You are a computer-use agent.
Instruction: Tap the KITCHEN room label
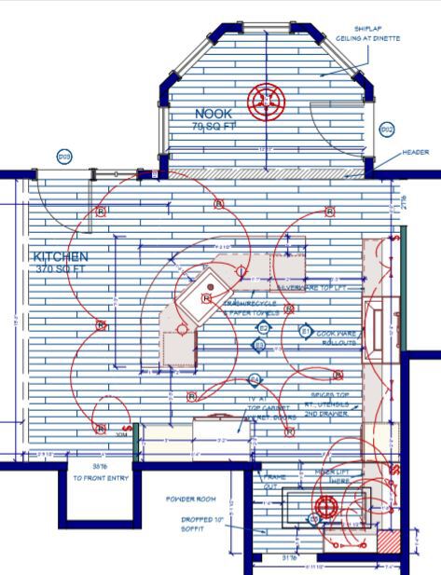click(61, 256)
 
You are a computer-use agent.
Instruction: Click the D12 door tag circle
click(388, 130)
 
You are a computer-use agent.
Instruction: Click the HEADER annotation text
click(415, 152)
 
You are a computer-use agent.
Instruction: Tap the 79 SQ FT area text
click(214, 126)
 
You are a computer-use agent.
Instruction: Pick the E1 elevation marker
click(304, 331)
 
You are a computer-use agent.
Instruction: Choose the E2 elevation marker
click(264, 329)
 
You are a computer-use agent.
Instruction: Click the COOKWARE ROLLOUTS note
click(338, 337)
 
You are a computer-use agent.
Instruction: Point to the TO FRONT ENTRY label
click(100, 475)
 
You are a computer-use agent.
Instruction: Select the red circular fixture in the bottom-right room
click(324, 509)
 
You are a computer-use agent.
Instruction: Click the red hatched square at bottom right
click(389, 544)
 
